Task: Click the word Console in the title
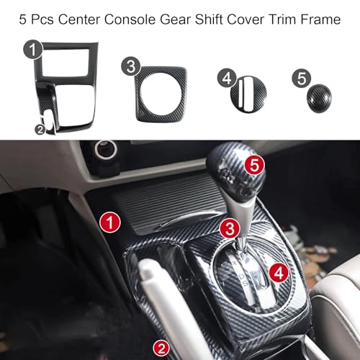pos(130,19)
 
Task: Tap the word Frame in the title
pos(320,19)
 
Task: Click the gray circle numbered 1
pos(33,50)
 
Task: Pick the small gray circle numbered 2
pos(40,130)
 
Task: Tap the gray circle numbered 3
pos(131,66)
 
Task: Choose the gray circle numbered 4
pos(227,78)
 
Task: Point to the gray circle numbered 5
pos(302,78)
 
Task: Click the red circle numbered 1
pos(110,222)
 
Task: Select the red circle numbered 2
pos(161,348)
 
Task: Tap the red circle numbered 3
pos(230,228)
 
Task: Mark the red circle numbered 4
pos(279,273)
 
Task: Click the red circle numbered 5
pos(254,165)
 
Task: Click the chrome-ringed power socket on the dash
pos(106,150)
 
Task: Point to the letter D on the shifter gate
pos(242,276)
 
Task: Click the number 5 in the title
pos(22,19)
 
